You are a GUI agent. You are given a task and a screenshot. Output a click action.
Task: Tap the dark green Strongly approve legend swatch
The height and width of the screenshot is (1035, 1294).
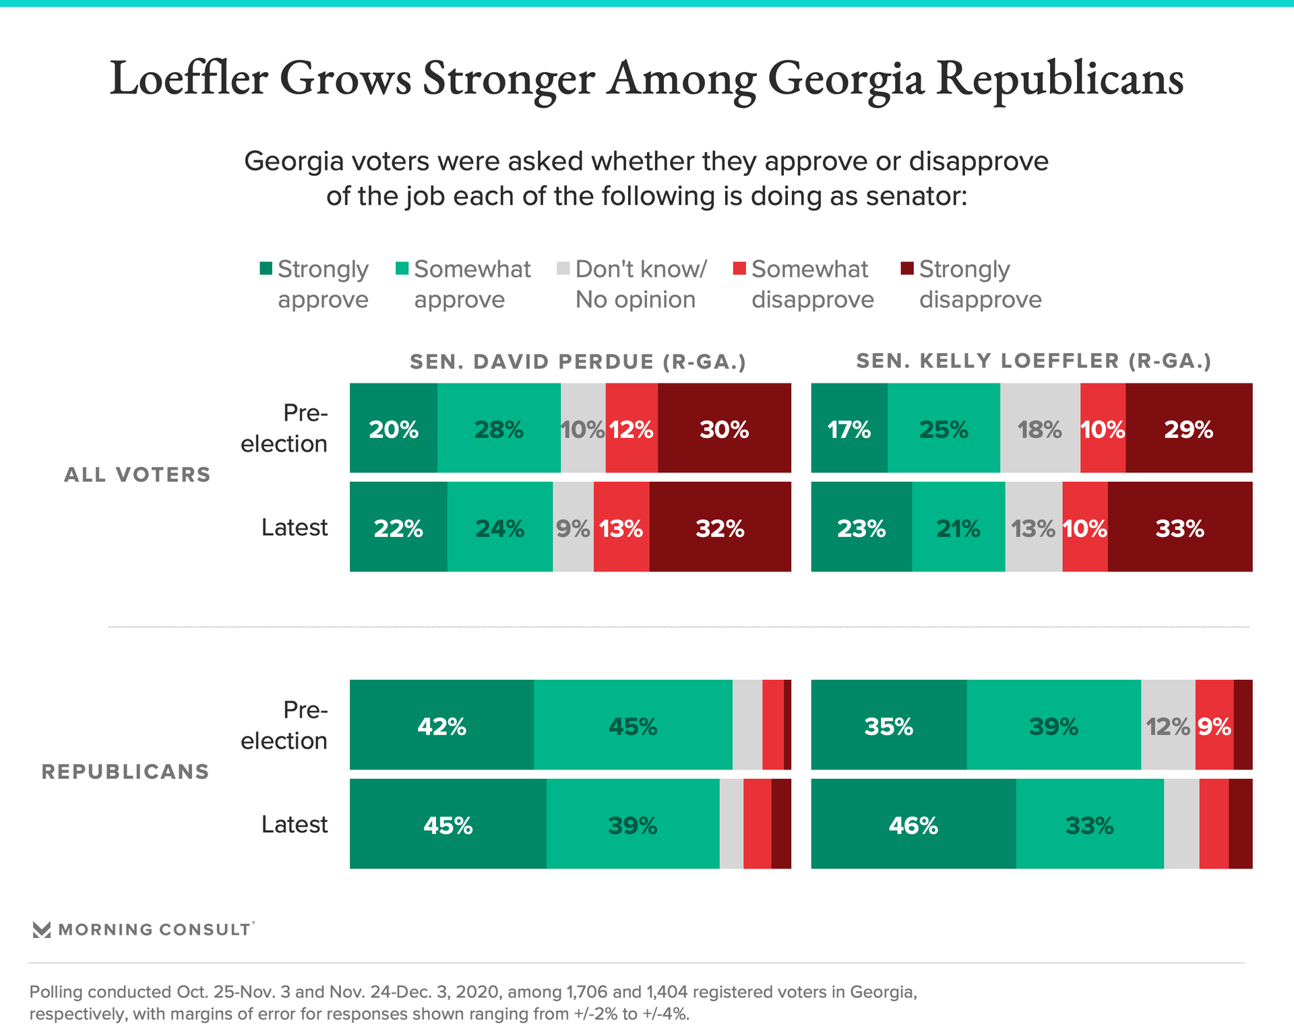coord(266,269)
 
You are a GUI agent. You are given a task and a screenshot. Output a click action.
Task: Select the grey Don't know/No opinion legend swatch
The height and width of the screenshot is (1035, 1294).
coord(563,269)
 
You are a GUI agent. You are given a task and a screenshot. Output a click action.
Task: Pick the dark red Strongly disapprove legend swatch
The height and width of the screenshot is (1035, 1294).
coord(907,269)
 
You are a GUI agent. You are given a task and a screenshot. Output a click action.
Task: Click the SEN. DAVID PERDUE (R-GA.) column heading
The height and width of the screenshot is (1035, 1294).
coord(578,362)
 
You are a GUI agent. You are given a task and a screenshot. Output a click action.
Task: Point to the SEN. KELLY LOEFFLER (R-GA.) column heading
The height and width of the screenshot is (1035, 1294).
coord(1033,361)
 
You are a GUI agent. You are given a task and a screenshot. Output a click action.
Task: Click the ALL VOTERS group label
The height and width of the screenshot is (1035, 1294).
coord(137,475)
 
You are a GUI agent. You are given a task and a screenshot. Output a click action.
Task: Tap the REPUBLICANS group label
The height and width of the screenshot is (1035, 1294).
coord(125,772)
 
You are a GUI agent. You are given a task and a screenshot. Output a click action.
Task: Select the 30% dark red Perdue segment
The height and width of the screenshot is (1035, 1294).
coord(725,429)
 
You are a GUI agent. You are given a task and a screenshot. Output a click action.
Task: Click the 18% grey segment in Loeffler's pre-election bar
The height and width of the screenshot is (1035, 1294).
coord(1040,429)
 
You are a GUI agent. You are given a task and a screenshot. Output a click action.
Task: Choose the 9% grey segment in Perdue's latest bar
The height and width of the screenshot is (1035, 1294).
coord(573,528)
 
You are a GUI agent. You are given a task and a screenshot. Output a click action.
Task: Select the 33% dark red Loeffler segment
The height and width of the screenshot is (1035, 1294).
coord(1179,528)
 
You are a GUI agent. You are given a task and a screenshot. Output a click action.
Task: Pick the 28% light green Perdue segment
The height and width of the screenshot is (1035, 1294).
coord(499,429)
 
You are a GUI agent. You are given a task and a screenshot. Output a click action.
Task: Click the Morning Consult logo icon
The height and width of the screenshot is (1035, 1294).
coord(42,930)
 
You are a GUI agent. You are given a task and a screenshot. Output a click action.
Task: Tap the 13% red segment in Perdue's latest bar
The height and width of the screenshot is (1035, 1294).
coord(621,528)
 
